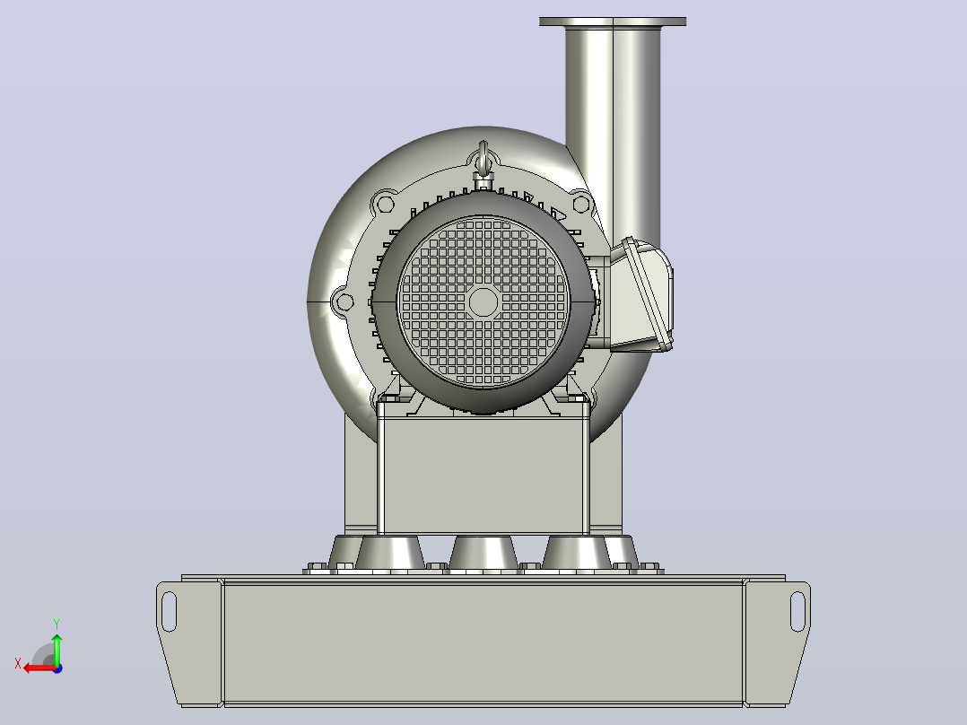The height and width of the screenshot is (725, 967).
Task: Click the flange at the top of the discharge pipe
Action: click(x=613, y=22)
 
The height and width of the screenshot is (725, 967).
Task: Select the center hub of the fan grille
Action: click(x=483, y=301)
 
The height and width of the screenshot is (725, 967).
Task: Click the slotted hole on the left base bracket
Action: click(x=169, y=611)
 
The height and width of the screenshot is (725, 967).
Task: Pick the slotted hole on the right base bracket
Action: click(x=797, y=611)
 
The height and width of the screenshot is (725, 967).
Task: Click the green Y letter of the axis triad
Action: click(x=57, y=625)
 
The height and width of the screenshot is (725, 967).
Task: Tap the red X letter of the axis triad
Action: click(x=18, y=664)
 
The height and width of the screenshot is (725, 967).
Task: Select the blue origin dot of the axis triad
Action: click(x=57, y=668)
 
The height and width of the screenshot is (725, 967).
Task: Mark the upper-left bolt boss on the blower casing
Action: click(x=386, y=204)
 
